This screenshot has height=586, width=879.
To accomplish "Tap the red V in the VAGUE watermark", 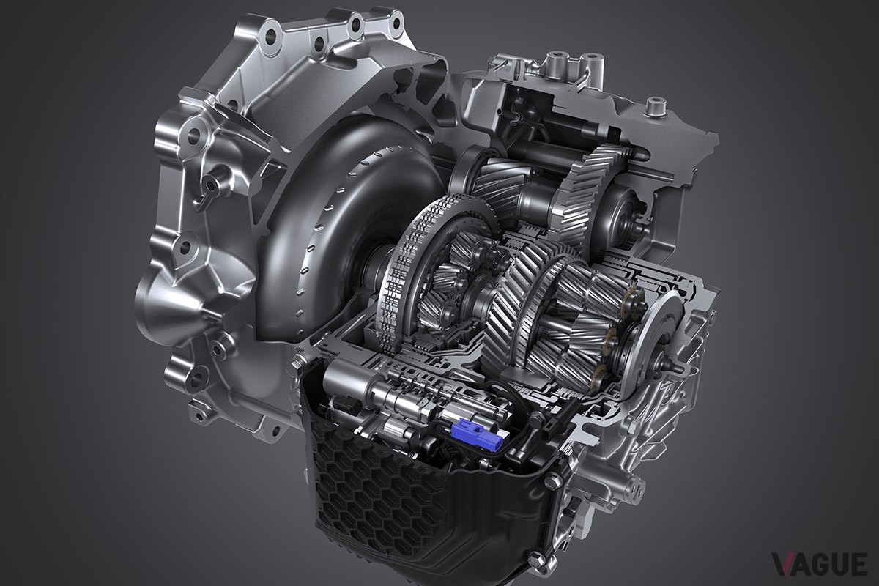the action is (x=784, y=565).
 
